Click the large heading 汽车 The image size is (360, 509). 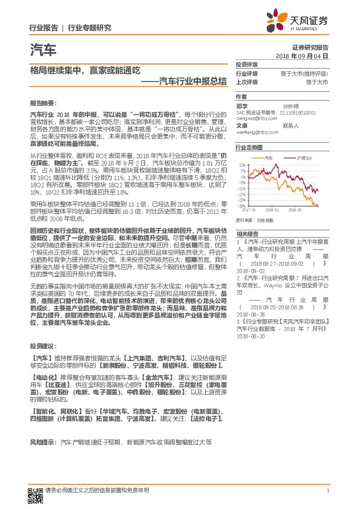coord(42,50)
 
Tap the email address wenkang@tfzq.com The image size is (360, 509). coord(254,132)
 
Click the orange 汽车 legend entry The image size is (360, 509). coord(268,158)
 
